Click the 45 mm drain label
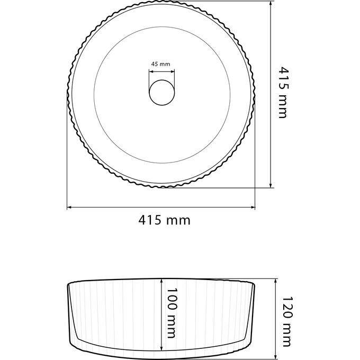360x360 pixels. (x=161, y=64)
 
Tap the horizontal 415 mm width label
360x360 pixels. (x=165, y=220)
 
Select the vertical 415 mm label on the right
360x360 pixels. (x=283, y=93)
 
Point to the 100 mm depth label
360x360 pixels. (x=172, y=313)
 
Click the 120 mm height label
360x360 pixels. (x=287, y=322)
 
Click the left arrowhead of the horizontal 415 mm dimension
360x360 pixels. (x=69, y=208)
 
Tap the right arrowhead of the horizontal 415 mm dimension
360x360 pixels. (x=253, y=208)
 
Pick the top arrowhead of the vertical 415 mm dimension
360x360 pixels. (x=271, y=3)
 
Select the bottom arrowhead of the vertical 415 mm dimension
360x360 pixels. (x=271, y=185)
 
